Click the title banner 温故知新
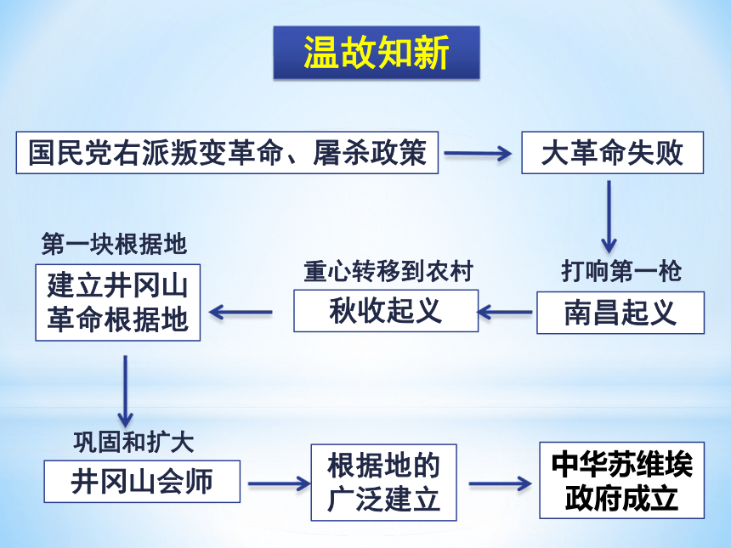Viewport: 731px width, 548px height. coord(377,52)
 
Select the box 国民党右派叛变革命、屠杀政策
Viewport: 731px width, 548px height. coord(227,153)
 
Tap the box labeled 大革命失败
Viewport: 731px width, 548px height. coord(612,153)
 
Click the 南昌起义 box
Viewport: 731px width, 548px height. coord(620,313)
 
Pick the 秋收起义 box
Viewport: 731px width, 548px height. coord(386,311)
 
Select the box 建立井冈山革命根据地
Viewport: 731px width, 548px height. coord(118,302)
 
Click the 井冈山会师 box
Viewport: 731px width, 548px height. coord(142,482)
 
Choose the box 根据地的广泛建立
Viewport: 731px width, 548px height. coord(383,483)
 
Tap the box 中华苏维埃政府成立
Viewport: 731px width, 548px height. coord(622,480)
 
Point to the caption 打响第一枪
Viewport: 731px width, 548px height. coord(621,271)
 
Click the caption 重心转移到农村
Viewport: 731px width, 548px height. coord(388,271)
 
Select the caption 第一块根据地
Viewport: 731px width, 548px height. coord(114,244)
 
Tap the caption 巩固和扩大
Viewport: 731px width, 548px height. coord(133,442)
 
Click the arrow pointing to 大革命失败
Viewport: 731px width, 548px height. coord(478,153)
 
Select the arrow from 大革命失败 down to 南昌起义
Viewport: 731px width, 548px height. coord(609,217)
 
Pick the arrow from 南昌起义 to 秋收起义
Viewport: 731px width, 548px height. coord(505,312)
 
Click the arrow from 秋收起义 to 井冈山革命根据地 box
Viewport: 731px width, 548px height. coord(241,312)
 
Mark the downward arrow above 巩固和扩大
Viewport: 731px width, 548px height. coord(125,392)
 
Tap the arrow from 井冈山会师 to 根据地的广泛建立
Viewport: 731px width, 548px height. coord(280,483)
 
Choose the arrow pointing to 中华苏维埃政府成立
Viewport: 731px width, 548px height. coord(501,483)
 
